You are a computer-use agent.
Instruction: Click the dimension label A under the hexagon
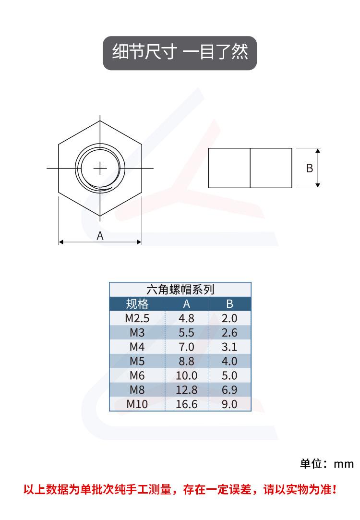100,236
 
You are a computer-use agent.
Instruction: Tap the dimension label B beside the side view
309,168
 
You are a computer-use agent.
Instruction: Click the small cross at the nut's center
100,169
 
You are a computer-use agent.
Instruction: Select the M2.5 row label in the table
137,318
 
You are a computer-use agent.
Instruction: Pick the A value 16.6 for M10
186,404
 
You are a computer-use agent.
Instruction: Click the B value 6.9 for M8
229,390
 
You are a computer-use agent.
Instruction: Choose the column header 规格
137,304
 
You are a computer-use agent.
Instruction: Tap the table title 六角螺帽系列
180,290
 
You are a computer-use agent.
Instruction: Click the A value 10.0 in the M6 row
186,376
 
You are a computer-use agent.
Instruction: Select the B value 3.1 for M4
229,347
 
